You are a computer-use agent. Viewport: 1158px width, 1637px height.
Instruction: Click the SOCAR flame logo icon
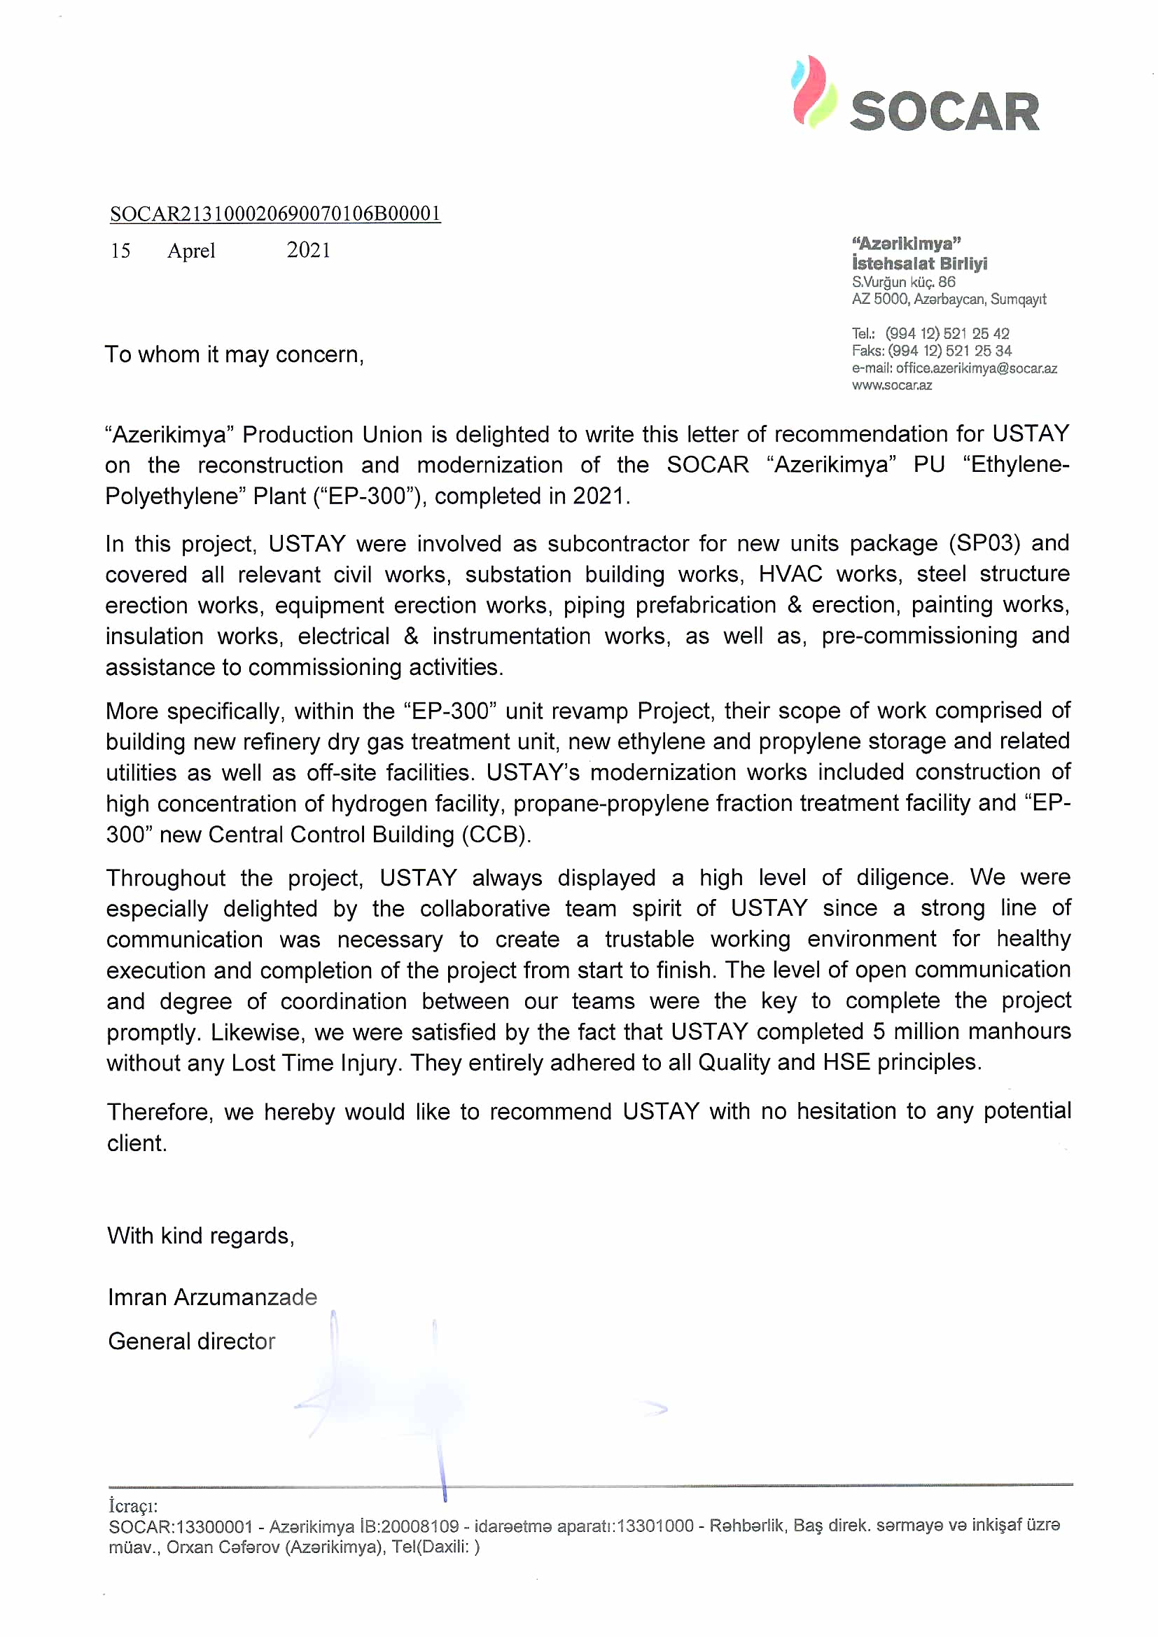(814, 92)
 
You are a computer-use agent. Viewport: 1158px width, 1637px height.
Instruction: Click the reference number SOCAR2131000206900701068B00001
(275, 214)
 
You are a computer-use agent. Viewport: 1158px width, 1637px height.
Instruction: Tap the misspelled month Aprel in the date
(191, 251)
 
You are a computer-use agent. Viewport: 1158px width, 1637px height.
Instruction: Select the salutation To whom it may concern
(234, 354)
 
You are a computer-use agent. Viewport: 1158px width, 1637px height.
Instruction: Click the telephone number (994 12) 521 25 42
(947, 333)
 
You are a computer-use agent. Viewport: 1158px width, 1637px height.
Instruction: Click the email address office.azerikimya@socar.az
(976, 368)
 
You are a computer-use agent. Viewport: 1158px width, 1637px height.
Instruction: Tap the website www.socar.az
(891, 385)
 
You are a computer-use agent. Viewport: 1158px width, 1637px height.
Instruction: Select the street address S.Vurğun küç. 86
(903, 281)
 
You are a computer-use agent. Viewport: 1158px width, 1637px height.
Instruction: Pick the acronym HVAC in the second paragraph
(790, 574)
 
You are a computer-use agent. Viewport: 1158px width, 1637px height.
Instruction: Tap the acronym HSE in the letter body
(846, 1061)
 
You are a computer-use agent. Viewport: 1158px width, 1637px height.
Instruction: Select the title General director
(191, 1341)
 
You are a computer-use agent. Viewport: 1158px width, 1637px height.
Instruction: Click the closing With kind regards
(200, 1236)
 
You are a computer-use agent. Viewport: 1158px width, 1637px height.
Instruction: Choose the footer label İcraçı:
(132, 1506)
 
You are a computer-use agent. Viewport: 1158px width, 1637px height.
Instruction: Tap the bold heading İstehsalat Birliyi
(919, 263)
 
